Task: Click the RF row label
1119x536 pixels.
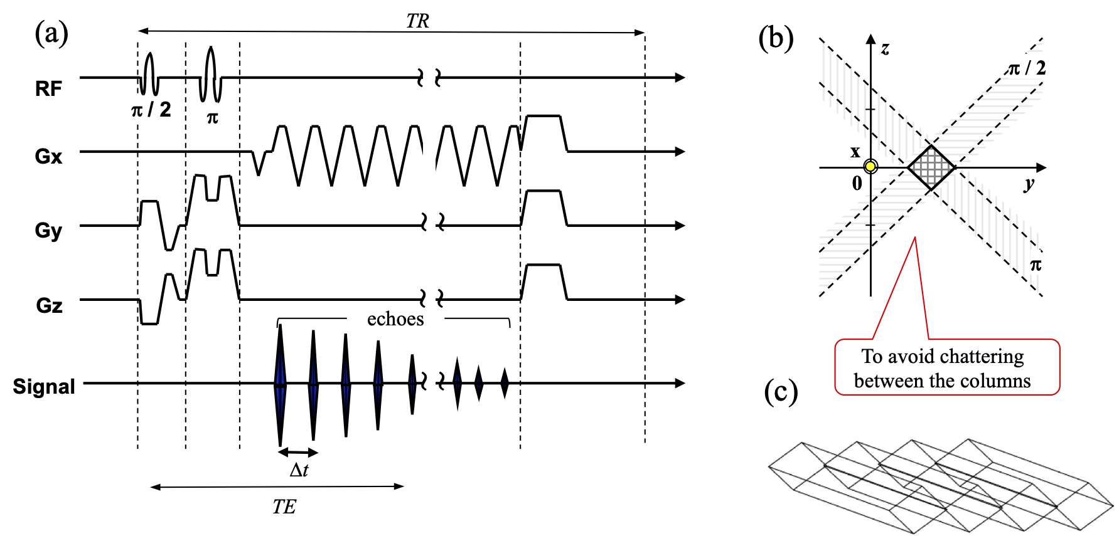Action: (48, 88)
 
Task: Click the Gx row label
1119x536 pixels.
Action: (48, 155)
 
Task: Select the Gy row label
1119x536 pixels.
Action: (48, 230)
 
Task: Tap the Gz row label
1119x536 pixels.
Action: (49, 305)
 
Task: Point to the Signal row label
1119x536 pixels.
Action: (44, 386)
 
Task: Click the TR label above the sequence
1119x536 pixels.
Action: (417, 21)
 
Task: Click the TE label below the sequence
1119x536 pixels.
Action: (284, 507)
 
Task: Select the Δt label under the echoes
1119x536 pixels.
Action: (299, 470)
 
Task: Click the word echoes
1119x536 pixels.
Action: (395, 319)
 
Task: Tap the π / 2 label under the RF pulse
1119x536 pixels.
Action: (151, 110)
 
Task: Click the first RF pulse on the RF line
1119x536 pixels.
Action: (149, 74)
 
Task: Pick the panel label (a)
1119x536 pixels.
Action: (51, 33)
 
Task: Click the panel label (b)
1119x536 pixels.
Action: (776, 38)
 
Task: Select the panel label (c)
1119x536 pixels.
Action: (781, 392)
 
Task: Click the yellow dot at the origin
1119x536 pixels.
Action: (870, 167)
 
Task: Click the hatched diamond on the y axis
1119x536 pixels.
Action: (931, 167)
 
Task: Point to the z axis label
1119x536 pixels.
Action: (885, 48)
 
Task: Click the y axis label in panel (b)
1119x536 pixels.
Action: (1029, 184)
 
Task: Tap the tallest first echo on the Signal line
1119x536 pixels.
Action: (280, 384)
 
